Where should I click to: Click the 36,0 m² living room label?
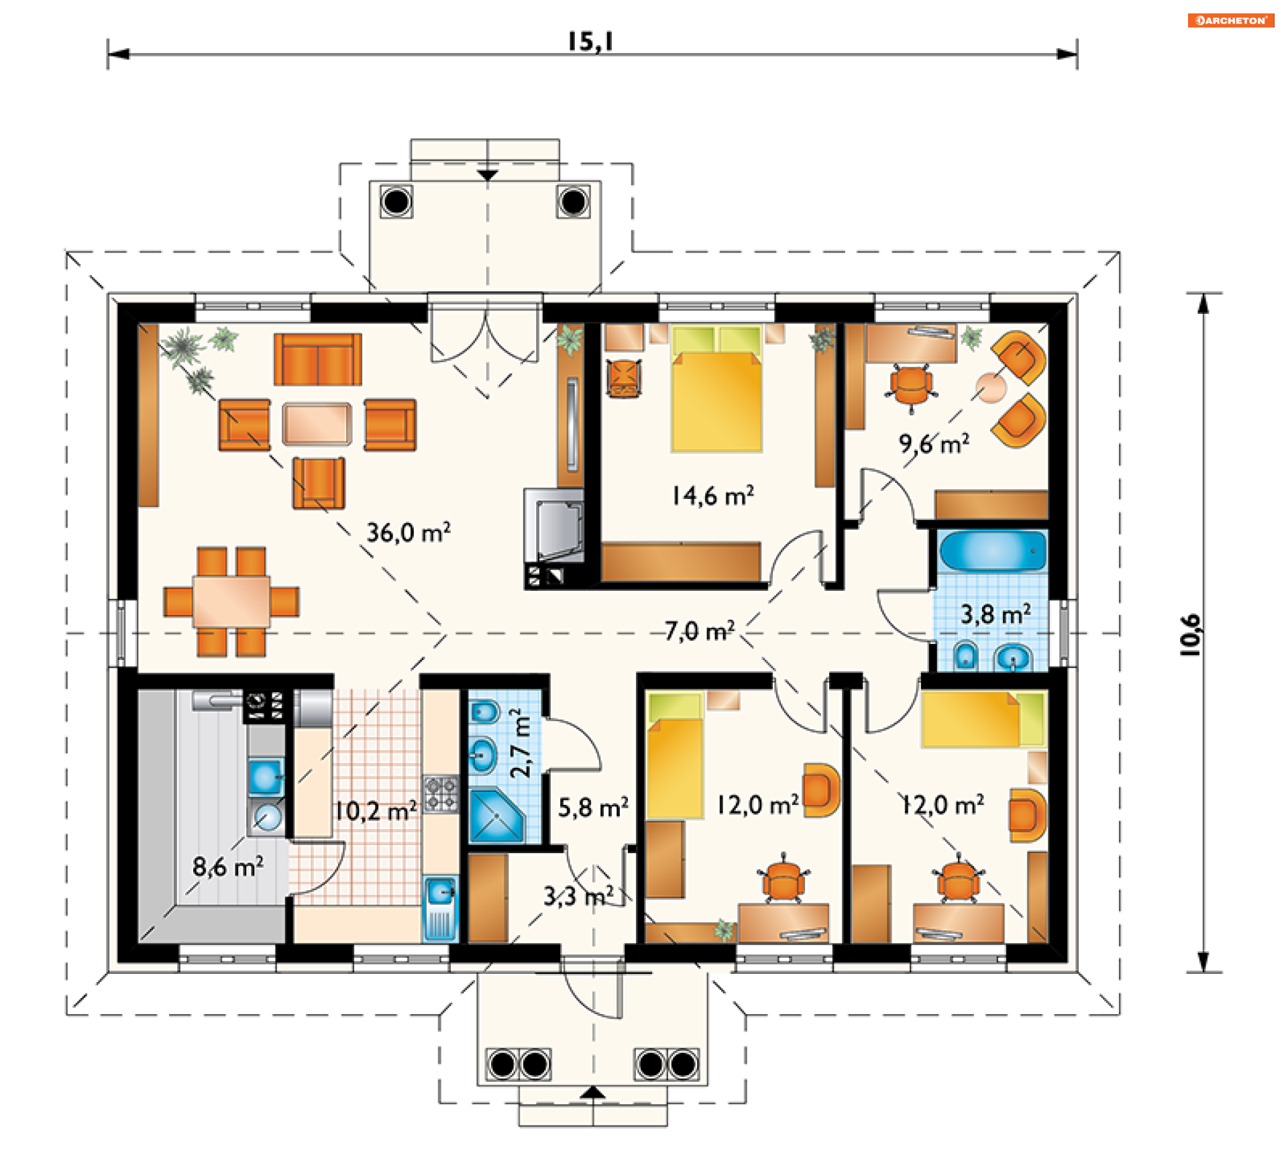pos(408,533)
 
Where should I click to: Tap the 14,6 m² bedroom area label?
pos(713,496)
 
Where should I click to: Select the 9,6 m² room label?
pos(934,443)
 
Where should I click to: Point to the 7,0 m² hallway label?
pos(700,631)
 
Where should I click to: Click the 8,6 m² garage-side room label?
pos(228,867)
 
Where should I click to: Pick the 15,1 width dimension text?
pos(590,42)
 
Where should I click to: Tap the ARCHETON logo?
pos(1231,20)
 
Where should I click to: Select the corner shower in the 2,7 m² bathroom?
pos(496,816)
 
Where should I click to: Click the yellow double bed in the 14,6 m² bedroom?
pos(716,389)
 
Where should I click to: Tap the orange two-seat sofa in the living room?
pos(317,360)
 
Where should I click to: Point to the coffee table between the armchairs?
pos(317,424)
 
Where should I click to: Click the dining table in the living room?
pos(231,601)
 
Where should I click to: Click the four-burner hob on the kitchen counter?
pos(440,794)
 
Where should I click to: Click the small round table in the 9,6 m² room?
pos(991,388)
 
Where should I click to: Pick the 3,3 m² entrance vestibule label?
pos(578,896)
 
